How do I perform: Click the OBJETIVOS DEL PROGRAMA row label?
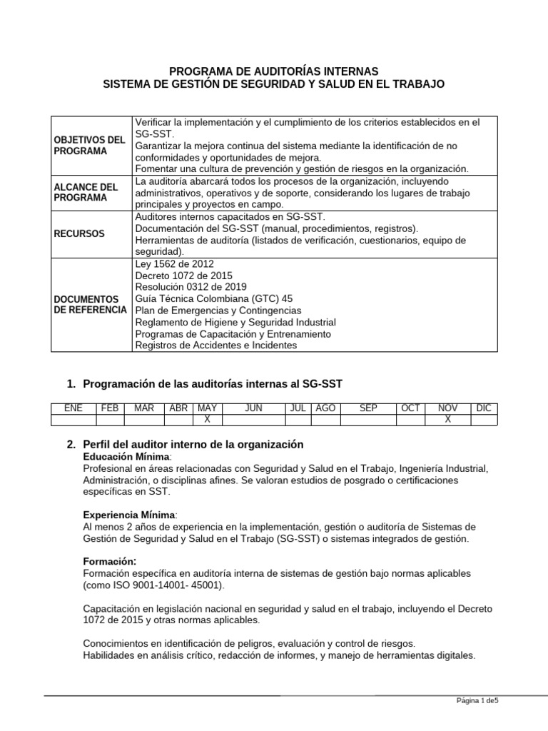pyautogui.click(x=89, y=145)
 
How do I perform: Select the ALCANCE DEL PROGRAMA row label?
pyautogui.click(x=86, y=193)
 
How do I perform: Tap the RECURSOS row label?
pyautogui.click(x=79, y=233)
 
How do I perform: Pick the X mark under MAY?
pyautogui.click(x=207, y=420)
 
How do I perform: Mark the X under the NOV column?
pyautogui.click(x=448, y=420)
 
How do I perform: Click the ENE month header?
pyautogui.click(x=73, y=408)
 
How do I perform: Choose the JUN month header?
pyautogui.click(x=253, y=408)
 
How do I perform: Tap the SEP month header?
pyautogui.click(x=368, y=408)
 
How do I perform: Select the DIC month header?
pyautogui.click(x=484, y=408)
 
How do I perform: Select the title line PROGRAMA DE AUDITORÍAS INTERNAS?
pyautogui.click(x=274, y=71)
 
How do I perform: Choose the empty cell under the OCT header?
pyautogui.click(x=410, y=420)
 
